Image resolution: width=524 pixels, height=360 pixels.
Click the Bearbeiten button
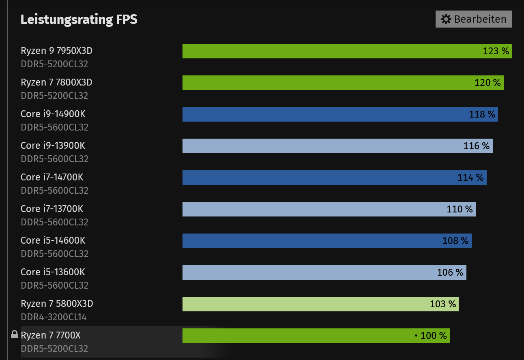474,19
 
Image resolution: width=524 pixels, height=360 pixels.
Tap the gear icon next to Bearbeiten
446,19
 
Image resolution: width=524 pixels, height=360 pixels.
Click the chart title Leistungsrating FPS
79,19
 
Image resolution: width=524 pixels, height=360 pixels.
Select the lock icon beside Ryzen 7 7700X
15,334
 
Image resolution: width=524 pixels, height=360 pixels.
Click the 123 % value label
496,51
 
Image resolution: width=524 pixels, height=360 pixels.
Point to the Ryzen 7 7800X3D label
56,82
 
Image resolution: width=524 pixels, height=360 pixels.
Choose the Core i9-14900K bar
324,114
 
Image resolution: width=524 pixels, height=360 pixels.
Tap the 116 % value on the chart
477,146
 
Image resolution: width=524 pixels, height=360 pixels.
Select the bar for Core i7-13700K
312,209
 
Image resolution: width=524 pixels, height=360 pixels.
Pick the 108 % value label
455,241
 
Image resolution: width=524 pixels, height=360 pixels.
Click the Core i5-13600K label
53,272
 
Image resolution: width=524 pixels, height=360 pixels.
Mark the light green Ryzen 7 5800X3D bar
304,304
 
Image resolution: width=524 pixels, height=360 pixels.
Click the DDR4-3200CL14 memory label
54,317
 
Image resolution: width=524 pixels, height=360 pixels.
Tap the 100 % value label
433,336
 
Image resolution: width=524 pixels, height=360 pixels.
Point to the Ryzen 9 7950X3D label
56,51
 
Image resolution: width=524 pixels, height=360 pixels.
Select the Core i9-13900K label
53,146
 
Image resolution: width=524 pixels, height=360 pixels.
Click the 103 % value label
443,304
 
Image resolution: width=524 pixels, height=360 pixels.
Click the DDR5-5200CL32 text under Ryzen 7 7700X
54,349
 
